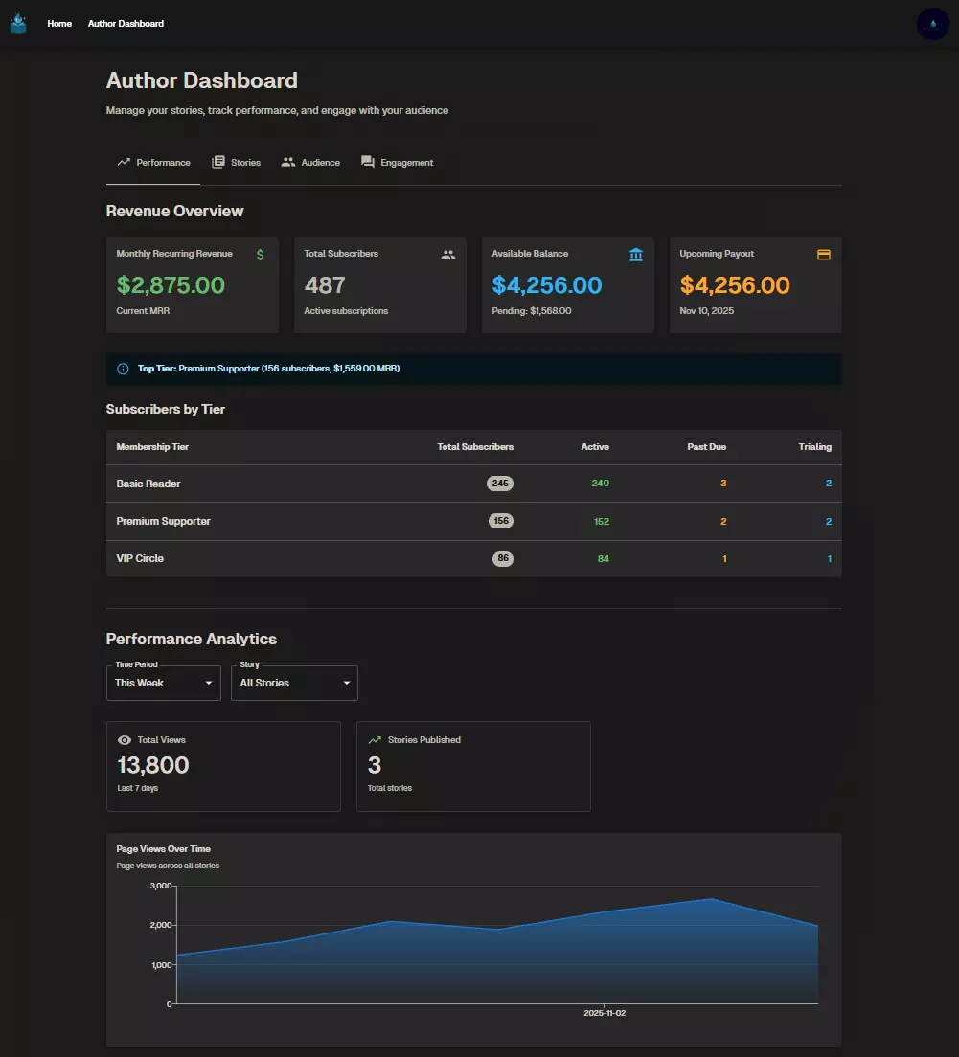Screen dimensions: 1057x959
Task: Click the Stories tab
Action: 236,163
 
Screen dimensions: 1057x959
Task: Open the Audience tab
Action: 310,163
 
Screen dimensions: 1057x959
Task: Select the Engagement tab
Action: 397,163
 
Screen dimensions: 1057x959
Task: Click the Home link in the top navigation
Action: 59,24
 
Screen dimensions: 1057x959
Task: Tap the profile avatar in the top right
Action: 932,24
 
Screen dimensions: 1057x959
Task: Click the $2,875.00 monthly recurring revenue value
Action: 171,285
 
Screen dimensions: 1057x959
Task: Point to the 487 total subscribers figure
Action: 325,285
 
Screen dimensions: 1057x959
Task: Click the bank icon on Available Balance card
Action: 636,255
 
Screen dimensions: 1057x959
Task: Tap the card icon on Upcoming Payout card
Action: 823,255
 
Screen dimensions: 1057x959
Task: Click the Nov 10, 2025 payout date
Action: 707,311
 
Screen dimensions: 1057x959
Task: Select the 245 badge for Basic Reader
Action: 500,484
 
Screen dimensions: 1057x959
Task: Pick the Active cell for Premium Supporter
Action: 601,521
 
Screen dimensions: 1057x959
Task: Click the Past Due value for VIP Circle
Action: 724,558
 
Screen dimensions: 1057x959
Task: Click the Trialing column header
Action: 814,447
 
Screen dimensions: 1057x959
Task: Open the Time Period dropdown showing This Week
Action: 164,683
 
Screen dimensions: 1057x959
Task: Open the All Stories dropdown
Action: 294,683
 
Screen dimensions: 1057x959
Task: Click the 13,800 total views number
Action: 153,765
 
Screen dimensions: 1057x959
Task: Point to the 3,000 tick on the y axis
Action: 160,887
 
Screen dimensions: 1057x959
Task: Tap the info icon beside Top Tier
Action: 123,369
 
